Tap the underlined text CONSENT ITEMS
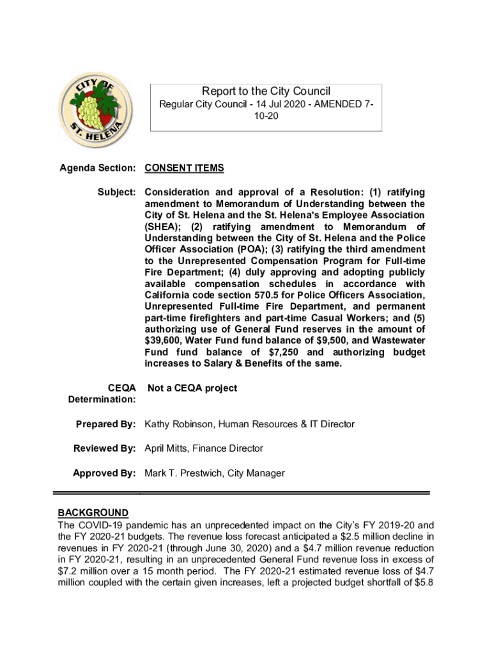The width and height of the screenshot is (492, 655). point(185,168)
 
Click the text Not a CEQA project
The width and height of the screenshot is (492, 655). point(192,388)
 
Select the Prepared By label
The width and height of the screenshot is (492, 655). point(105,424)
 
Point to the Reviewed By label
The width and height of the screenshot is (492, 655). point(105,448)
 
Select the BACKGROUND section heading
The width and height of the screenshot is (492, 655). point(93,513)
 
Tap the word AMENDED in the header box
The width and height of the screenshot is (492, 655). point(334,104)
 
